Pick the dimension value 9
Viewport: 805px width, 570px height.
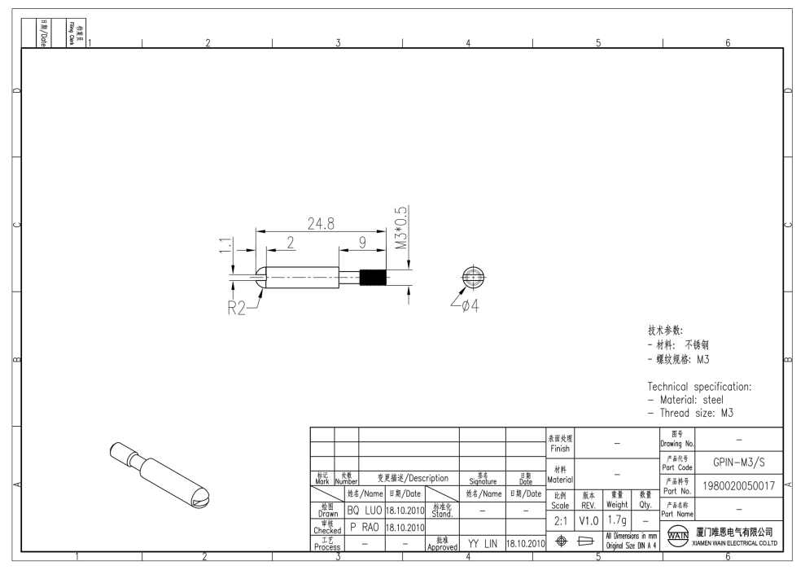363,242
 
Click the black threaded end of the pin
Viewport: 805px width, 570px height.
373,278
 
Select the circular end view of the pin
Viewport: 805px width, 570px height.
473,277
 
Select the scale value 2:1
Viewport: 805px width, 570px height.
561,520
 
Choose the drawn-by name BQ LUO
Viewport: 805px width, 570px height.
365,511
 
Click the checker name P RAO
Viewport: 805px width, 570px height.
365,527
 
